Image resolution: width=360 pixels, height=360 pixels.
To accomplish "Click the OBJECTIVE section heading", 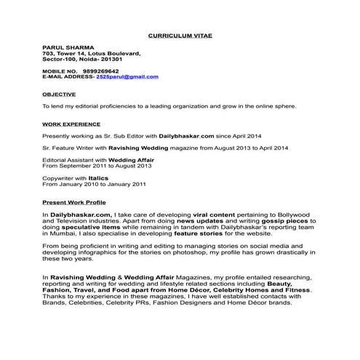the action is coord(57,94).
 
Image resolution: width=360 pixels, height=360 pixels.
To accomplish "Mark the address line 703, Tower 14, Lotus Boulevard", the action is coord(92,54).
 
